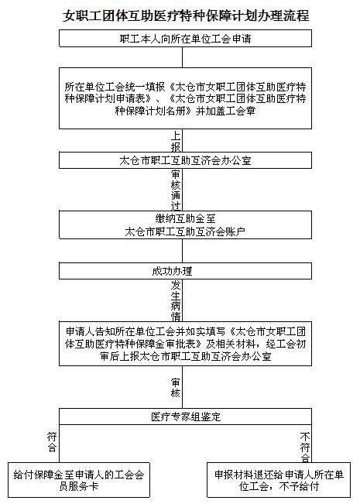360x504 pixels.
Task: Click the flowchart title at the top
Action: [x=186, y=15]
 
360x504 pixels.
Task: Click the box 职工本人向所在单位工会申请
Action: [x=185, y=39]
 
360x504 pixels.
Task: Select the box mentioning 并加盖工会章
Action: [x=185, y=98]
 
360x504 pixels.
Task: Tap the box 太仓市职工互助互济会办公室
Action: [x=185, y=160]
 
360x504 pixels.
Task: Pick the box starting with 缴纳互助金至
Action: [x=185, y=225]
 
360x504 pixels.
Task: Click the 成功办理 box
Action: [x=185, y=271]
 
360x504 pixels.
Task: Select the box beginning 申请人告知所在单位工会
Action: [x=185, y=344]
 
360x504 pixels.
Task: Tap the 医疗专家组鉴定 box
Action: [x=185, y=417]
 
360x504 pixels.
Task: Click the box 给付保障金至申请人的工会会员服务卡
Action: [x=79, y=480]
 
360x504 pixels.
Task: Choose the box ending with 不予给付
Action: [x=279, y=480]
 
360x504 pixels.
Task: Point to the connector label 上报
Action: [x=176, y=141]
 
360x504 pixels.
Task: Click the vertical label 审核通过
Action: [x=176, y=190]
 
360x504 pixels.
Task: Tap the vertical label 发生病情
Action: [x=176, y=300]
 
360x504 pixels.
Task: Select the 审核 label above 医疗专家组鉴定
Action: [x=176, y=387]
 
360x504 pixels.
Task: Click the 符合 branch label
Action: [x=52, y=442]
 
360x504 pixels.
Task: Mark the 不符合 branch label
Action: [x=305, y=447]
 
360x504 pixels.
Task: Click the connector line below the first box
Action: [x=182, y=57]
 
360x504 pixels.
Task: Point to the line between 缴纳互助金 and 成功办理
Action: [x=182, y=251]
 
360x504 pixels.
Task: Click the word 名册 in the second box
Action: [x=177, y=111]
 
